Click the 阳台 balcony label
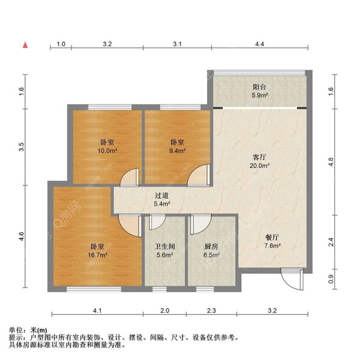click(259, 86)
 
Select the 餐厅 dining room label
click(272, 237)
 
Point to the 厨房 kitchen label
click(209, 246)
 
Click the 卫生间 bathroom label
click(164, 246)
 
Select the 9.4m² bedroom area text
click(177, 151)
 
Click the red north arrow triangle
click(25, 45)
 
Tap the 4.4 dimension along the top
click(259, 44)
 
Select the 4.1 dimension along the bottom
click(97, 311)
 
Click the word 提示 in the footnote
click(16, 338)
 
